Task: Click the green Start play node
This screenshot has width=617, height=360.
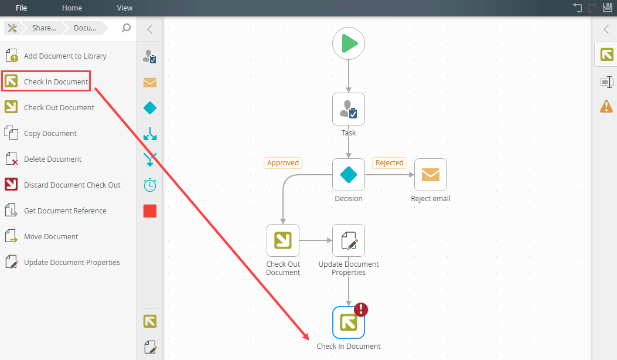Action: (349, 43)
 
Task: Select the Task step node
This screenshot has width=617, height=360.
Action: (349, 109)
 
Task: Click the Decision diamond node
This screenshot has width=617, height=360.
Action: (349, 175)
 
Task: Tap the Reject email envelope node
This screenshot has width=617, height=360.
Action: (431, 175)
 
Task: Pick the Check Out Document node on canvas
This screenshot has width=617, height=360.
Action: (283, 240)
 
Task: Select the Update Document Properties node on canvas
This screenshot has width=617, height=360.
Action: (349, 240)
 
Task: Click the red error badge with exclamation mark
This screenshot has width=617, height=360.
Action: (361, 310)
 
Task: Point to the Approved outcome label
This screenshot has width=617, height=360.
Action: (283, 163)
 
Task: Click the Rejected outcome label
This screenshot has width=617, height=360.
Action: (390, 163)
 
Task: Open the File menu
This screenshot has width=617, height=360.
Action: (22, 8)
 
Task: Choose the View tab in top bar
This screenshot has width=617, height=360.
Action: (125, 8)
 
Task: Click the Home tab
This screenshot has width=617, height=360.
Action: (72, 8)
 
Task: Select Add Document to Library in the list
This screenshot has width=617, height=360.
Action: (65, 56)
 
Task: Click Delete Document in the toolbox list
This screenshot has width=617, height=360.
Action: (53, 159)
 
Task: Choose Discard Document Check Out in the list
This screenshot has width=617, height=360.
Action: (72, 185)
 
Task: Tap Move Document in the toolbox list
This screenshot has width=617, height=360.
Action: (51, 237)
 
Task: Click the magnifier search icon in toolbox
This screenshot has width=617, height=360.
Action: (126, 28)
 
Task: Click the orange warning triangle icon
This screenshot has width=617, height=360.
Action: (606, 106)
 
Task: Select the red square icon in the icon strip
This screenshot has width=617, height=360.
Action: (150, 211)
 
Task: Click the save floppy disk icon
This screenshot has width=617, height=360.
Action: (608, 8)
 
